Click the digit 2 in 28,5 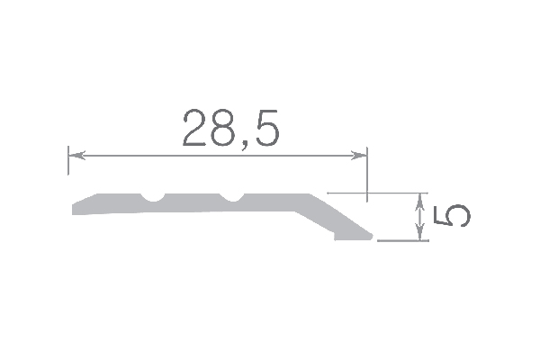pyautogui.click(x=194, y=128)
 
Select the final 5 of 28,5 pyautogui.click(x=265, y=128)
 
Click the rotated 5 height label pyautogui.click(x=451, y=216)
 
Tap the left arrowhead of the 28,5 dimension pyautogui.click(x=76, y=156)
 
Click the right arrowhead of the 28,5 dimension pyautogui.click(x=358, y=156)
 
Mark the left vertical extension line pyautogui.click(x=68, y=160)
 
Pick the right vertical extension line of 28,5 pyautogui.click(x=367, y=175)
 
